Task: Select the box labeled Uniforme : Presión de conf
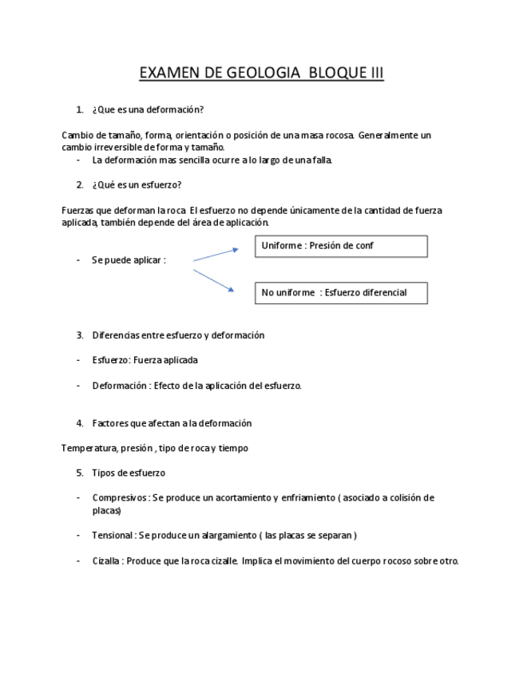point(341,246)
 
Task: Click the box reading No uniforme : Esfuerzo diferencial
point(341,293)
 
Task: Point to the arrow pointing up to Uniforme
point(216,255)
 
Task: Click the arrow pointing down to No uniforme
point(214,281)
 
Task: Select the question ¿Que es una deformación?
point(153,110)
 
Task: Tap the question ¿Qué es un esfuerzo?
point(137,185)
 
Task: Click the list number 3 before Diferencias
point(80,335)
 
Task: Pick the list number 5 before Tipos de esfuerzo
point(80,473)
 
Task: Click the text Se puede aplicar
point(128,260)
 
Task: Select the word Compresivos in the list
point(118,498)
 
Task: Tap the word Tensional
point(113,536)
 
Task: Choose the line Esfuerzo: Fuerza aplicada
point(145,360)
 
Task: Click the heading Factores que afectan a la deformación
point(172,423)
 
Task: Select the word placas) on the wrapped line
point(106,510)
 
